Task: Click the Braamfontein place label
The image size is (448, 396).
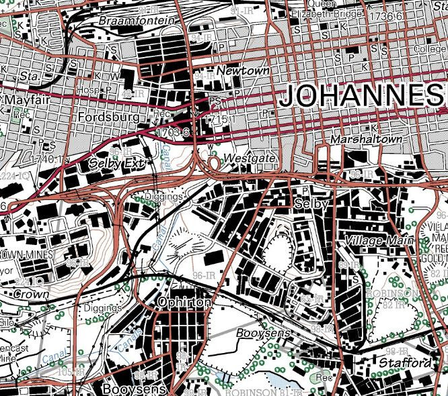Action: click(137, 21)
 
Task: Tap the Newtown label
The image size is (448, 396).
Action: click(243, 70)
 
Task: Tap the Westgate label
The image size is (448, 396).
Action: click(251, 158)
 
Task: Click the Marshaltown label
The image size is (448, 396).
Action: click(367, 139)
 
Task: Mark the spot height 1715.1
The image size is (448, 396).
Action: click(223, 119)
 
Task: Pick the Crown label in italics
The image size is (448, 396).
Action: click(30, 295)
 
